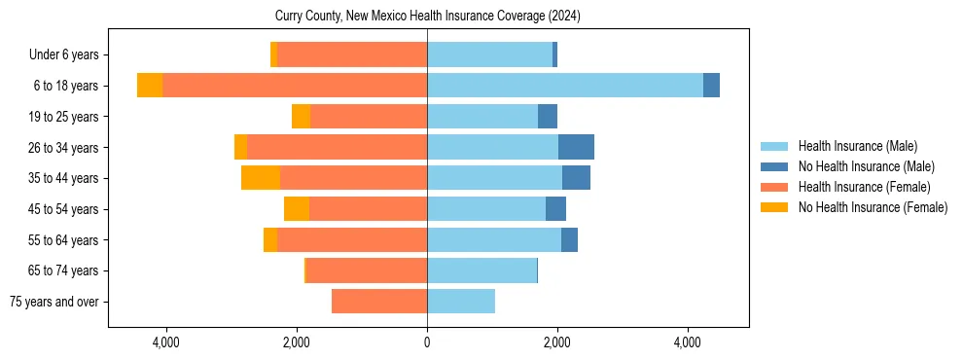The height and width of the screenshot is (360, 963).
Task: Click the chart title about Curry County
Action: click(428, 16)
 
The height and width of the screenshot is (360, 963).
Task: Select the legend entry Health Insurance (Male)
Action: click(857, 146)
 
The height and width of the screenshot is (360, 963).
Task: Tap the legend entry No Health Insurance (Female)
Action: click(873, 207)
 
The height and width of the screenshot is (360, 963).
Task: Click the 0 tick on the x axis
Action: click(427, 342)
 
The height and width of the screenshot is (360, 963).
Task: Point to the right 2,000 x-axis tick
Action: click(557, 342)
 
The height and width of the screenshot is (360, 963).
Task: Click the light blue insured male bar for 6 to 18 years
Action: click(564, 86)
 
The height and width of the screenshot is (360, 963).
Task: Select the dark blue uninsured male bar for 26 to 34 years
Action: click(576, 147)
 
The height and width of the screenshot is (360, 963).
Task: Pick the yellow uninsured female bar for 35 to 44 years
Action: click(261, 178)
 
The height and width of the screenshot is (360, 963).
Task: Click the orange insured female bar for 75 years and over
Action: click(379, 302)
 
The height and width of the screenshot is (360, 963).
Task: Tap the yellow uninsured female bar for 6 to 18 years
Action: click(150, 86)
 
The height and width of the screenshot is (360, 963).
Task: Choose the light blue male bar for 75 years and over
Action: click(461, 302)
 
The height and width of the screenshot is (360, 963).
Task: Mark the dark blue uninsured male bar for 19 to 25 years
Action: click(548, 117)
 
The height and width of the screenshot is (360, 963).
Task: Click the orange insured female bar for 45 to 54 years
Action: click(368, 209)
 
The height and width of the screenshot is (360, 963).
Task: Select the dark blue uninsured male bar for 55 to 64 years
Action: click(569, 240)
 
